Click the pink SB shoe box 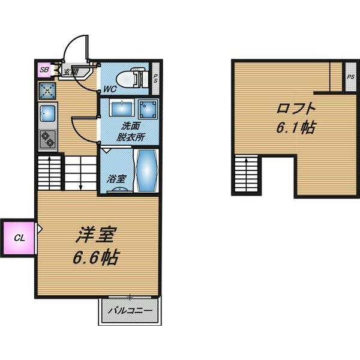(x=44, y=70)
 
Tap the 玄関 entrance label (x=71, y=72)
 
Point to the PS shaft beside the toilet (x=155, y=78)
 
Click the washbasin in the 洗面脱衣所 (x=122, y=108)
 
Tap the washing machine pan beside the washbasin (x=147, y=109)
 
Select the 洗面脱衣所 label (x=131, y=131)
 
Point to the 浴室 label (x=115, y=178)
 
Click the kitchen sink (x=48, y=112)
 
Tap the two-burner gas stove (x=47, y=139)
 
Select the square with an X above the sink (x=47, y=90)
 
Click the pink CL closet (x=19, y=237)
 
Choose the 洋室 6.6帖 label (x=95, y=246)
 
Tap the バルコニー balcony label (x=130, y=311)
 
